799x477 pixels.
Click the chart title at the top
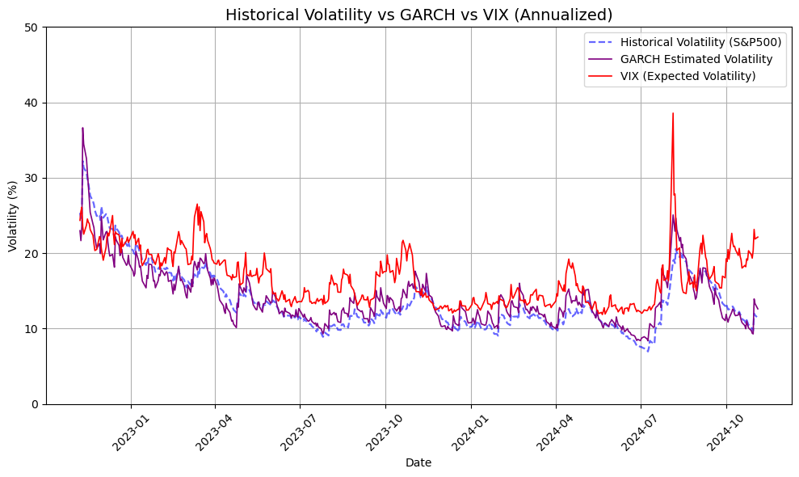(418, 15)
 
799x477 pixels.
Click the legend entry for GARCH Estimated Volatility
(696, 59)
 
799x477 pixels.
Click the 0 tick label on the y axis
(36, 404)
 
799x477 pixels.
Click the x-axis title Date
(418, 463)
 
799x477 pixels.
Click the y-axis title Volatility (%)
(14, 215)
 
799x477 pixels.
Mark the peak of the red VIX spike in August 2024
(672, 113)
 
